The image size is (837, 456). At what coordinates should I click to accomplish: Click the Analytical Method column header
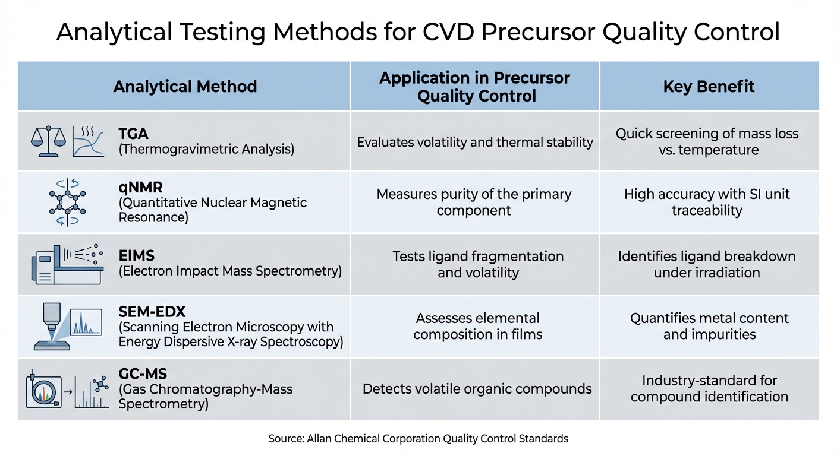tap(185, 87)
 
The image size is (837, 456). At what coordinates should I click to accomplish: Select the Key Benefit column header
tap(709, 87)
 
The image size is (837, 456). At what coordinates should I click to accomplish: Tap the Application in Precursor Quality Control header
tap(474, 87)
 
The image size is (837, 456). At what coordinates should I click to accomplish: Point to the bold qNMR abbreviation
tap(139, 186)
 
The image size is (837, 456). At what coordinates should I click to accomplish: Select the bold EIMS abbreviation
tap(137, 256)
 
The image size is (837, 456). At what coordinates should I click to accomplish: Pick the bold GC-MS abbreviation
tap(143, 373)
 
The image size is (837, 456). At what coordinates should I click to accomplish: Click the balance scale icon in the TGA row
tap(48, 141)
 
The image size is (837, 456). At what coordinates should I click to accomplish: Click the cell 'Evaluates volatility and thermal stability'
tap(474, 142)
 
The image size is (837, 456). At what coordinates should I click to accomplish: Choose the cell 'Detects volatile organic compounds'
tap(477, 389)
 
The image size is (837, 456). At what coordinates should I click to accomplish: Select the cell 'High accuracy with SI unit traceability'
tap(707, 202)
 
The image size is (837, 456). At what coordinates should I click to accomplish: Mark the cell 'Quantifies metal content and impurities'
tap(709, 326)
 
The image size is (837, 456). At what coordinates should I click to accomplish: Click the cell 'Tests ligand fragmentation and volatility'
tap(477, 264)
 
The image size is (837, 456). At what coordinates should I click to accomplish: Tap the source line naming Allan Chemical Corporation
tap(418, 439)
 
